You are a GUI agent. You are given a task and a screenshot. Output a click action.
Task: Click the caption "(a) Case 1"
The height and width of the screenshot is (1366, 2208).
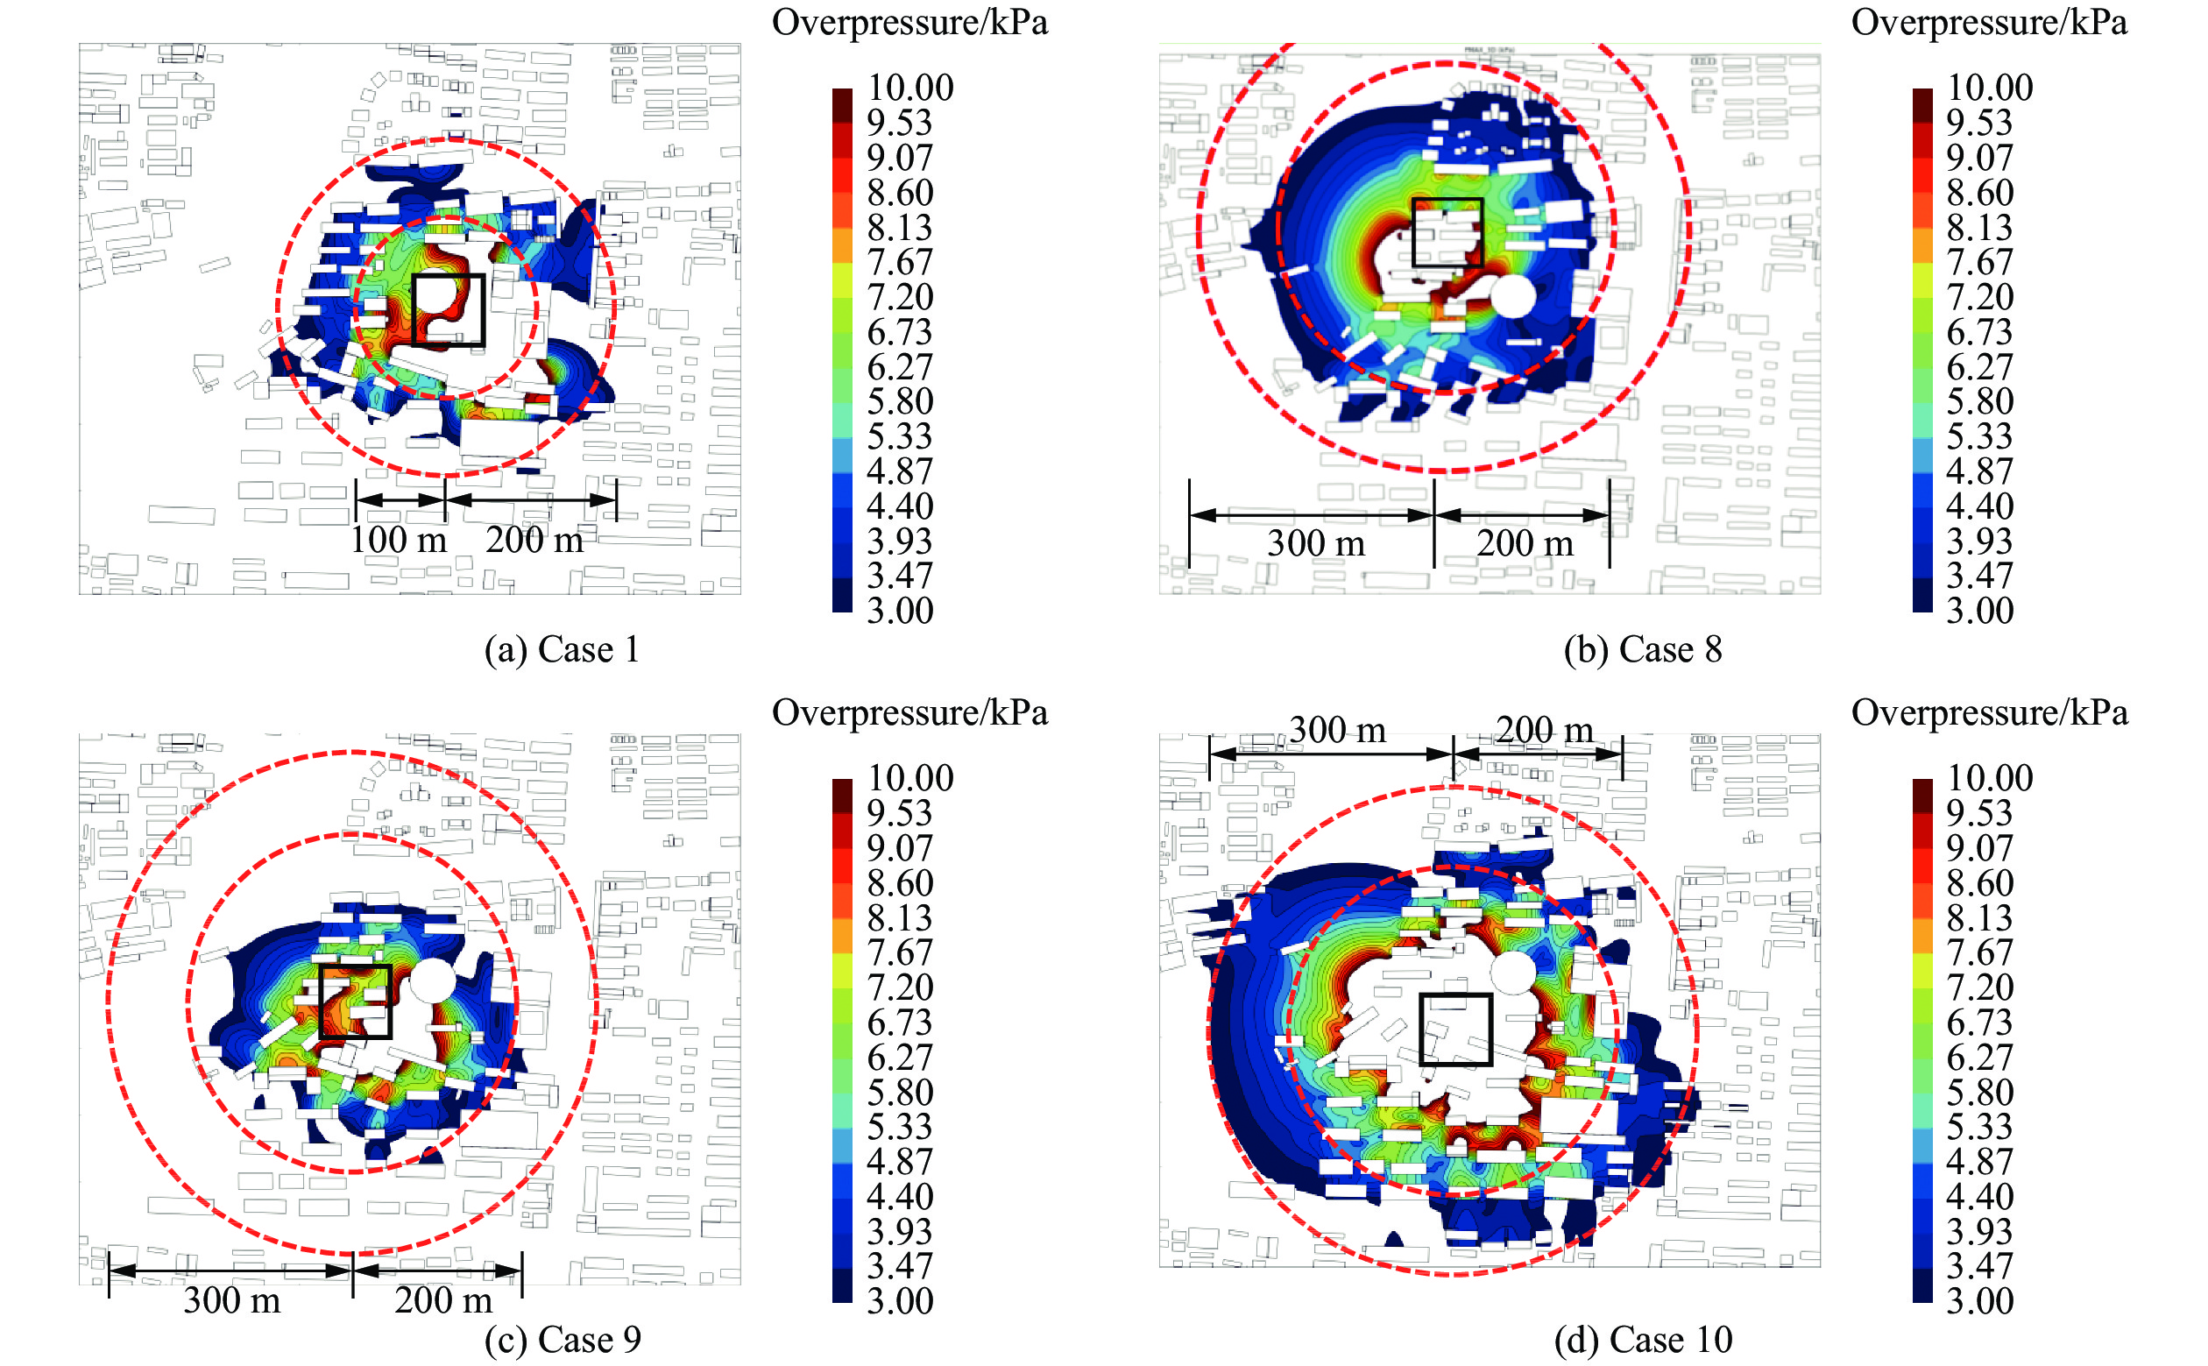pos(561,649)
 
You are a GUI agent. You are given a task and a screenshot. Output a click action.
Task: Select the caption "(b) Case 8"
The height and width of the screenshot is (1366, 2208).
pos(1642,649)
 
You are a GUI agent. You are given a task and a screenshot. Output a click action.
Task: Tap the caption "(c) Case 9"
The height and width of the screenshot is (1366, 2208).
pos(562,1339)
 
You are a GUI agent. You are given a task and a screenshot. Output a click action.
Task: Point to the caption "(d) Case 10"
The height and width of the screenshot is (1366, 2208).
pos(1643,1339)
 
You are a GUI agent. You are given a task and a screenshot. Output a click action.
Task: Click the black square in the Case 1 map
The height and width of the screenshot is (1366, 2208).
pos(448,310)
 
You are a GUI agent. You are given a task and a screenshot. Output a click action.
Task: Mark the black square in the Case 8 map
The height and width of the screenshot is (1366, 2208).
pos(1447,232)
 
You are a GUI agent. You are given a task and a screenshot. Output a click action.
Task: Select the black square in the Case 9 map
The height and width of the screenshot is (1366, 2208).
pos(355,1001)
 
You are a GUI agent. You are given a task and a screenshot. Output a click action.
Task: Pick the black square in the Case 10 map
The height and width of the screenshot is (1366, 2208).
pos(1454,1029)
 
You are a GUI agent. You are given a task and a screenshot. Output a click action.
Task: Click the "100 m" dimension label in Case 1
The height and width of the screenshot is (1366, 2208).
pos(399,541)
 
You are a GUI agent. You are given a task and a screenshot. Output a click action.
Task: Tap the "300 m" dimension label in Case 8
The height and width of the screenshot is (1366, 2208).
pos(1315,543)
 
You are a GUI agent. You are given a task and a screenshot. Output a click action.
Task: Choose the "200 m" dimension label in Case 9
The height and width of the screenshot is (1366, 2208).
pos(442,1300)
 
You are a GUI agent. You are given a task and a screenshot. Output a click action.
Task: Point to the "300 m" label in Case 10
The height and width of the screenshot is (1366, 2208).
pos(1336,730)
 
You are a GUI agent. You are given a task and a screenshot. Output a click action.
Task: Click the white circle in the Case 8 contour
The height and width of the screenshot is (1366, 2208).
pos(1512,296)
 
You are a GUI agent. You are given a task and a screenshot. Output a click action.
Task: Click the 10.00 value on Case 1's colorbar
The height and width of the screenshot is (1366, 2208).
pos(909,88)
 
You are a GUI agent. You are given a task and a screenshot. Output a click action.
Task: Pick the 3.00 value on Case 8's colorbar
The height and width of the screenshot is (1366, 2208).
pos(1979,611)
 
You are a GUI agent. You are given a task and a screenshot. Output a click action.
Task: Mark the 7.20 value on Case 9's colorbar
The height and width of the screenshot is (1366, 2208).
pos(900,987)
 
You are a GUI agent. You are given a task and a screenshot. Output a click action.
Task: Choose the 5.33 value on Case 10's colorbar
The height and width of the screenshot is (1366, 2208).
pos(1979,1127)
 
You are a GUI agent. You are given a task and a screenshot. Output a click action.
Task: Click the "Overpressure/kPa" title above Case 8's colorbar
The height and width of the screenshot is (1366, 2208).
pos(1988,23)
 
